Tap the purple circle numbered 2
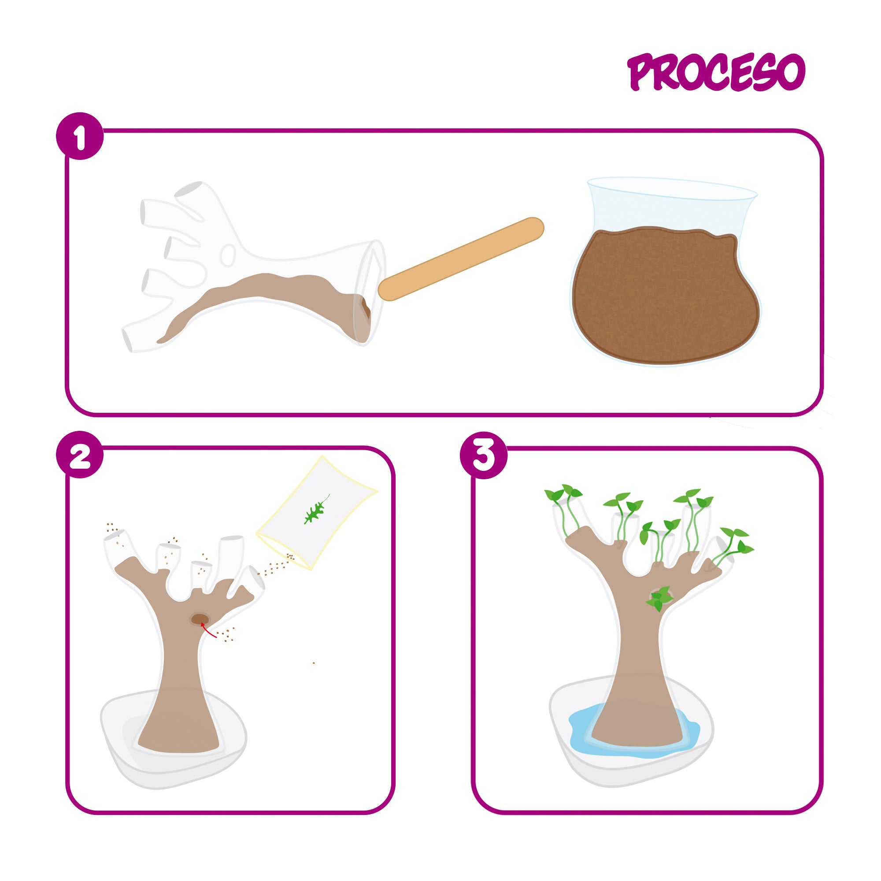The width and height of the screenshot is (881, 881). coord(80,454)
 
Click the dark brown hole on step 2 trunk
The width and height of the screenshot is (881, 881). coord(200,619)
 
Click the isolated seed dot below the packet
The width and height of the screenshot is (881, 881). coord(313,663)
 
